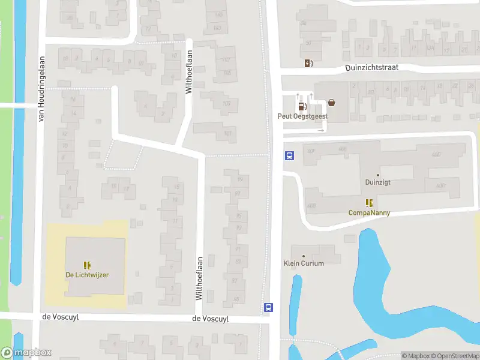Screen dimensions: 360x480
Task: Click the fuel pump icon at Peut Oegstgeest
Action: (x=302, y=107)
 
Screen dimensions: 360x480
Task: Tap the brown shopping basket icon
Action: (x=332, y=103)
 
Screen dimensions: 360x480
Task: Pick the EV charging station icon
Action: (x=308, y=63)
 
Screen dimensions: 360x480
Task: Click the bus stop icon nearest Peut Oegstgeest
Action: (x=289, y=155)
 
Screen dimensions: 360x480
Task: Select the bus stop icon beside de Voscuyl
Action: (x=268, y=307)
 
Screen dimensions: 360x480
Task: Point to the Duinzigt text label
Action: (x=378, y=182)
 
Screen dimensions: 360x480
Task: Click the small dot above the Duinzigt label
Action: (x=378, y=175)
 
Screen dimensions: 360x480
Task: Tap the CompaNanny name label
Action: (x=370, y=212)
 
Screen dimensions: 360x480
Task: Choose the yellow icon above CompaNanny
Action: (x=370, y=203)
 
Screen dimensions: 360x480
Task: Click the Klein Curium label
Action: (x=304, y=263)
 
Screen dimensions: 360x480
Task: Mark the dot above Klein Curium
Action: (x=304, y=256)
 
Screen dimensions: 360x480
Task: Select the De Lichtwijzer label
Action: (x=87, y=275)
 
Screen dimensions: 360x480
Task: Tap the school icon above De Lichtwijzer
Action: (x=87, y=265)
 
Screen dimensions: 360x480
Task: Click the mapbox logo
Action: (x=26, y=353)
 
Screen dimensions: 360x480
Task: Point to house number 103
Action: (x=226, y=103)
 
